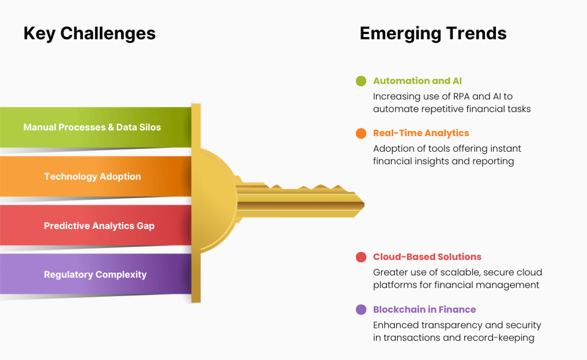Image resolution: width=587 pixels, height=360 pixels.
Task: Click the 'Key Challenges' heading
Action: pyautogui.click(x=89, y=33)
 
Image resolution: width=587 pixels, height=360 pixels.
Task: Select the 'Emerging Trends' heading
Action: pyautogui.click(x=433, y=33)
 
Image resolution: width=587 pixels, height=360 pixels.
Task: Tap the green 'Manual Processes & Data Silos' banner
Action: pyautogui.click(x=96, y=127)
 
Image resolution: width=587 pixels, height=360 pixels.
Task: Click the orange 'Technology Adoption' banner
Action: pyautogui.click(x=96, y=177)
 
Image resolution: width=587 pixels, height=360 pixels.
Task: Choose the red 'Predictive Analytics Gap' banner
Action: pyautogui.click(x=96, y=226)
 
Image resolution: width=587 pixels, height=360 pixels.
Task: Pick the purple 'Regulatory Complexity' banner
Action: pyautogui.click(x=96, y=274)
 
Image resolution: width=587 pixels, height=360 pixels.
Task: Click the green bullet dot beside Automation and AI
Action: pyautogui.click(x=362, y=81)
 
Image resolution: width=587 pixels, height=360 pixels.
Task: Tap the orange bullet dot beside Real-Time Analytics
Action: pyautogui.click(x=362, y=133)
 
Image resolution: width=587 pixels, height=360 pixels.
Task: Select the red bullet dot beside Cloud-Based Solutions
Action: pyautogui.click(x=362, y=257)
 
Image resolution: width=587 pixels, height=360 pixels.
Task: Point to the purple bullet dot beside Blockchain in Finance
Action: pyautogui.click(x=362, y=310)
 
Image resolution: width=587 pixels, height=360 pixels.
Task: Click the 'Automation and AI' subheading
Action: pyautogui.click(x=417, y=81)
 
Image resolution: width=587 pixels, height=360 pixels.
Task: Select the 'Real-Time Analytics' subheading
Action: pyautogui.click(x=421, y=133)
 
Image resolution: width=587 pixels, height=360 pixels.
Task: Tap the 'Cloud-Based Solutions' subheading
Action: pyautogui.click(x=427, y=257)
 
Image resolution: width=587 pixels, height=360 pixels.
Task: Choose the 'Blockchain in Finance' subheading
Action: pyautogui.click(x=424, y=310)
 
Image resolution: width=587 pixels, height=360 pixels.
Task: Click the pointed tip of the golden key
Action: pyautogui.click(x=364, y=205)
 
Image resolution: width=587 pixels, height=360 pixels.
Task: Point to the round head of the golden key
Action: pyautogui.click(x=215, y=200)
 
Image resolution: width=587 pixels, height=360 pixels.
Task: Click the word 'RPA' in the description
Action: pyautogui.click(x=462, y=97)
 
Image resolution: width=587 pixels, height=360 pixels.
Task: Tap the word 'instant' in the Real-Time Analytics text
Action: pyautogui.click(x=505, y=149)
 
